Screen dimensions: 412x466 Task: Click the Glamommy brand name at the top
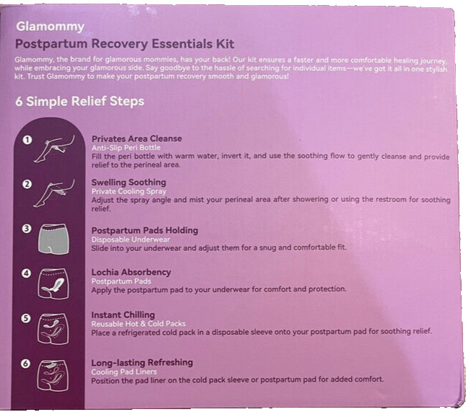point(50,27)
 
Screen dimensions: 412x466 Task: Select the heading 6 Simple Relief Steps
point(79,102)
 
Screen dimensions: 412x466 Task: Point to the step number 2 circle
point(27,184)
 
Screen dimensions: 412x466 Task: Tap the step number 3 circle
point(27,229)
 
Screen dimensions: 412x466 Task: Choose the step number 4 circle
point(27,273)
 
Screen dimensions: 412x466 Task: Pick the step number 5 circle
point(27,317)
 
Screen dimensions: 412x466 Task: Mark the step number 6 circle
point(27,364)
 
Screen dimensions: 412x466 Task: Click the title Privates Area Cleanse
point(137,138)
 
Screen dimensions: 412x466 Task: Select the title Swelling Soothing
point(129,182)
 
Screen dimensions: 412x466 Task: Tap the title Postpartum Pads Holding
point(144,230)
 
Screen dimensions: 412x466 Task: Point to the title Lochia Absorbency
point(131,272)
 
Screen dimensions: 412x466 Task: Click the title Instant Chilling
point(123,315)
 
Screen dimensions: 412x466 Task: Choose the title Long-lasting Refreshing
point(142,362)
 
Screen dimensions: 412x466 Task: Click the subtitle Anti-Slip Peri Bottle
point(127,146)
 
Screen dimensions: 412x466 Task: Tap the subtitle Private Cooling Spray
point(129,191)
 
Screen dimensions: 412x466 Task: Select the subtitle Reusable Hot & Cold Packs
point(138,323)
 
